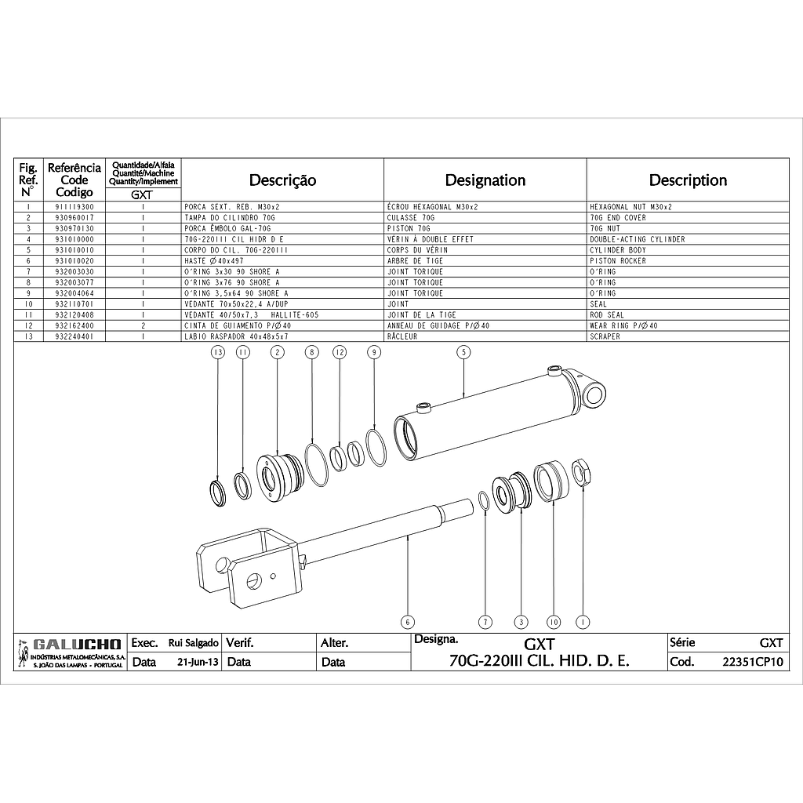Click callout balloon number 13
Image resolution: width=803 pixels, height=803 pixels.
218,352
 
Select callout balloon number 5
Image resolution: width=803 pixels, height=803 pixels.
463,352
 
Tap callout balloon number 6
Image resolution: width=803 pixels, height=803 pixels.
407,622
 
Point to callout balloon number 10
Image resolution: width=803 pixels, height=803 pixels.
554,622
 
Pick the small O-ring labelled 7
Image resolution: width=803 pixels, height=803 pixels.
483,501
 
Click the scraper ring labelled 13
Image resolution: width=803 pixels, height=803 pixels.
218,492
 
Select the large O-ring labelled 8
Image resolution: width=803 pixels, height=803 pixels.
316,465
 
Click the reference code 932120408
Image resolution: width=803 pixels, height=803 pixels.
74,315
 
